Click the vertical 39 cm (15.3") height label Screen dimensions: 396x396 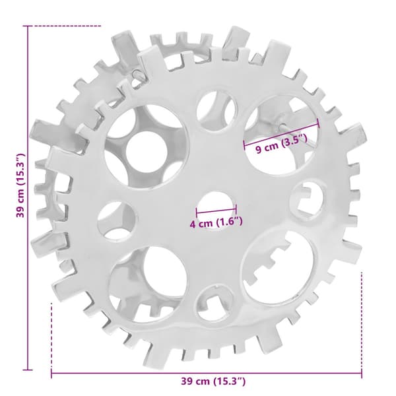[20, 185]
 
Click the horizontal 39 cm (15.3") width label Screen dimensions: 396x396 [213, 381]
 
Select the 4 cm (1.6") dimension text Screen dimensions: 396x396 [216, 222]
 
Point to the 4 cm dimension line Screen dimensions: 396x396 [216, 211]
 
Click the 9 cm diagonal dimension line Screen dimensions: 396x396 [281, 135]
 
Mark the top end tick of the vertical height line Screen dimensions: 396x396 [28, 26]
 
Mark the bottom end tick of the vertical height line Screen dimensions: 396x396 [28, 370]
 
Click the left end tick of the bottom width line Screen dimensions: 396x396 [51, 373]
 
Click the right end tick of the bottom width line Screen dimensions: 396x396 [362, 373]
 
